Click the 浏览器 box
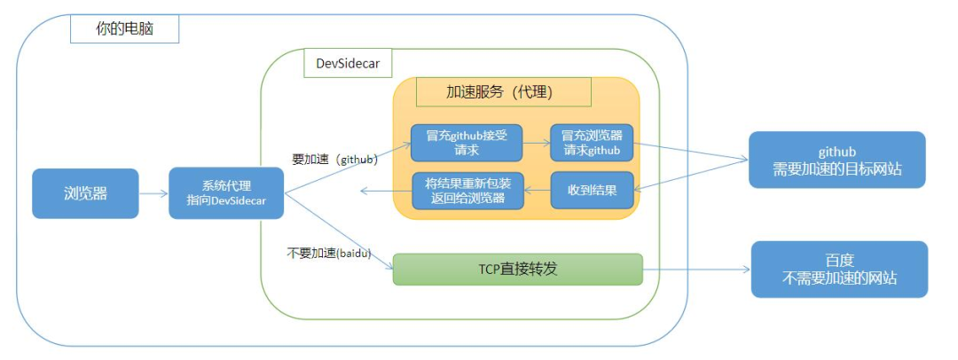tap(85, 192)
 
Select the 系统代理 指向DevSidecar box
tap(226, 192)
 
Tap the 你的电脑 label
tap(124, 28)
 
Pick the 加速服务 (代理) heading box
tap(503, 91)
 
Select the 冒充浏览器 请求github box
tap(592, 143)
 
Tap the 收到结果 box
tap(592, 190)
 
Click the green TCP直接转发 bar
tap(517, 269)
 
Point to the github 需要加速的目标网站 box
tap(836, 160)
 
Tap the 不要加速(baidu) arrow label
tap(328, 252)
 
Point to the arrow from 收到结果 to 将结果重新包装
tap(537, 190)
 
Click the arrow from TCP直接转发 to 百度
tap(696, 269)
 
